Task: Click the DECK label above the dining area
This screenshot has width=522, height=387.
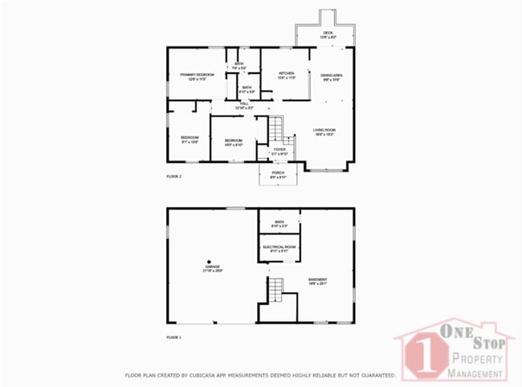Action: click(x=327, y=33)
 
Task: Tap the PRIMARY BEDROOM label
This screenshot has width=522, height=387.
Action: click(x=197, y=74)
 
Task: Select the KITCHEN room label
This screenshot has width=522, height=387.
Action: click(x=286, y=73)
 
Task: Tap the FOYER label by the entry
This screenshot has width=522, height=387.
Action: click(x=279, y=149)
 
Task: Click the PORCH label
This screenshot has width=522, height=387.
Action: click(x=278, y=173)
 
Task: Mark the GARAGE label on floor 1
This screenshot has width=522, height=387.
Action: click(x=211, y=269)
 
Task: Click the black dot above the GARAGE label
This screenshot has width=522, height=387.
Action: click(x=209, y=262)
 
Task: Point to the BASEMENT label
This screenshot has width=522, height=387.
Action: click(x=318, y=279)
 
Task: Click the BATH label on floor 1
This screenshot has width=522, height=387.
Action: click(x=279, y=222)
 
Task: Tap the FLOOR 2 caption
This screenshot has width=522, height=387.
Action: click(x=173, y=176)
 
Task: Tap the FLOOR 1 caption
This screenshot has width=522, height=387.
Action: click(x=173, y=337)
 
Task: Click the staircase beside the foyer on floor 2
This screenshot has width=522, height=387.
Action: click(x=275, y=128)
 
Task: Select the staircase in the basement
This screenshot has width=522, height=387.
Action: click(x=275, y=287)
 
